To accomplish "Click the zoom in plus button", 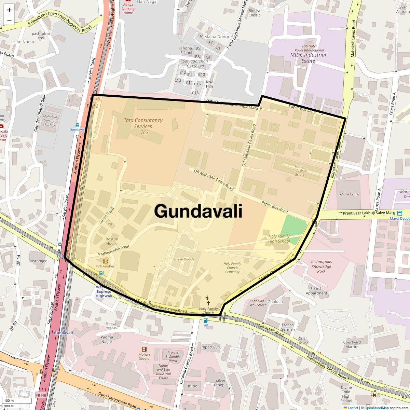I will (9, 10).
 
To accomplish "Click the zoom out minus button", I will (9, 20).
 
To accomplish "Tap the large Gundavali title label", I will (198, 211).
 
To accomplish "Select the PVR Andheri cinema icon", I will (105, 261).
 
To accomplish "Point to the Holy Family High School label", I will (279, 238).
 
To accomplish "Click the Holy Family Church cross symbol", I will (208, 303).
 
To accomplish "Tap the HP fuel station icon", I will (206, 320).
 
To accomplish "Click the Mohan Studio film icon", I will (144, 349).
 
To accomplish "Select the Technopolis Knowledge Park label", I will (321, 266).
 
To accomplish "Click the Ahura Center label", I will (350, 194).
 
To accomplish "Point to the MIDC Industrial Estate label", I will (308, 58).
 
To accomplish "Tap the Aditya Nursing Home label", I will (128, 9).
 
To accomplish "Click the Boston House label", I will (112, 241).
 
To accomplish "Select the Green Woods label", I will (184, 259).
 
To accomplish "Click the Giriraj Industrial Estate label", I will (300, 170).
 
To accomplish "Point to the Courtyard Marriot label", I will (352, 344).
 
